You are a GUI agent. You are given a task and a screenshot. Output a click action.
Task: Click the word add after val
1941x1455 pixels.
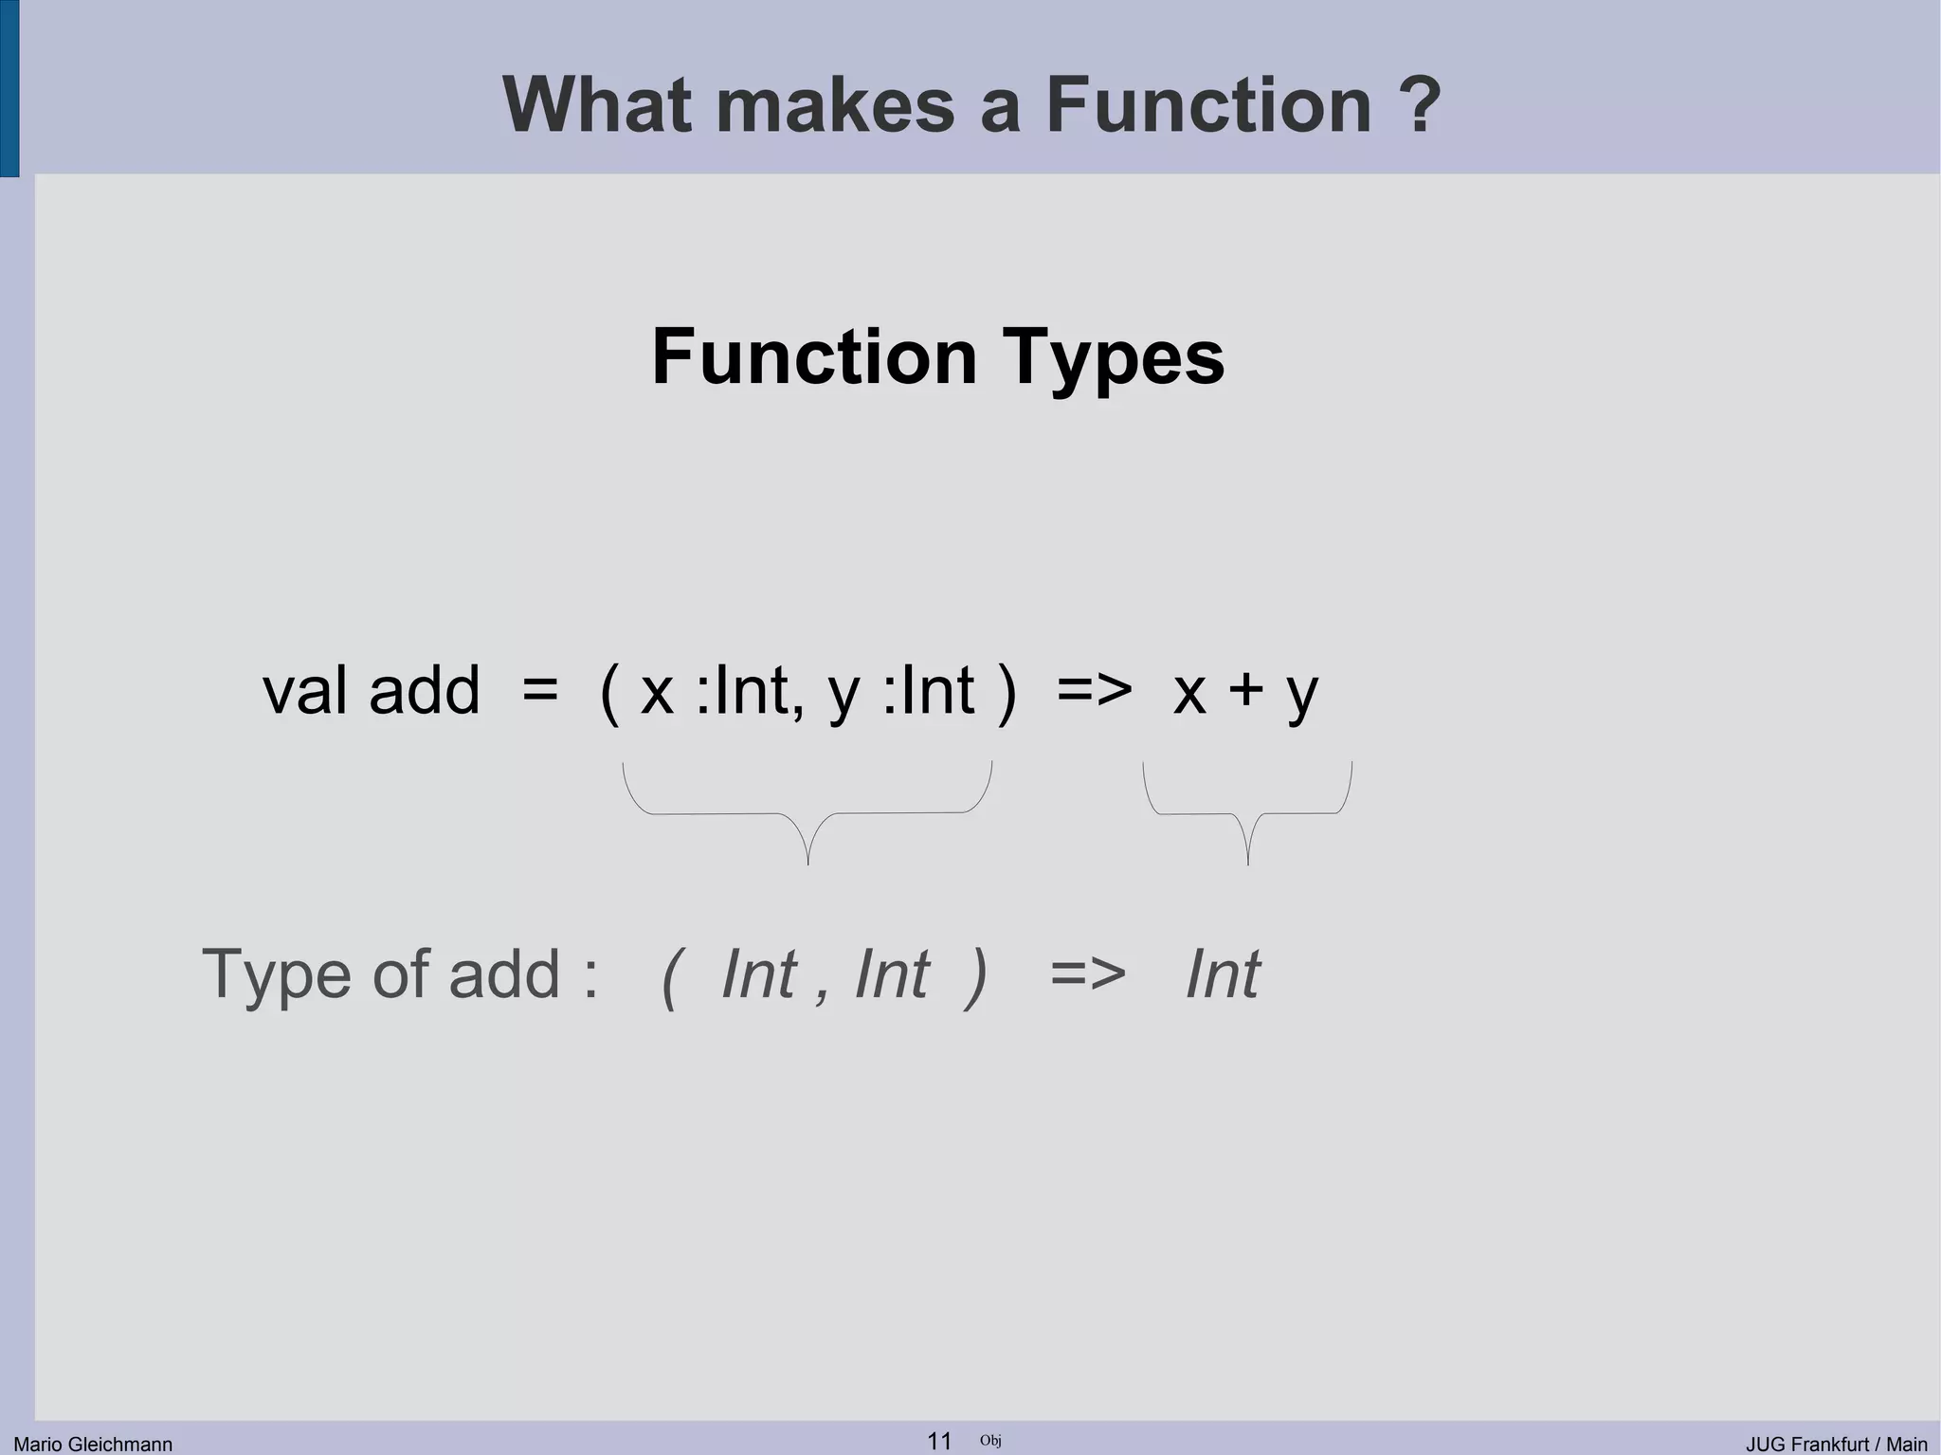coord(425,690)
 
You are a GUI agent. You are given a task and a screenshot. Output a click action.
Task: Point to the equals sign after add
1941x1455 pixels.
coord(539,692)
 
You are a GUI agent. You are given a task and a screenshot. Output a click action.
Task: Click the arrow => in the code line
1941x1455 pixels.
coord(1095,692)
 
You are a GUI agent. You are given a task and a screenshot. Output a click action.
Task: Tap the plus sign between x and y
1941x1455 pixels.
coord(1246,692)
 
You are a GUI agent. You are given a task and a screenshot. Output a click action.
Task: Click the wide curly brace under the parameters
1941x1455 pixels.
coord(807,812)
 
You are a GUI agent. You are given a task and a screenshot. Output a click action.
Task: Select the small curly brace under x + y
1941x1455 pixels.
coord(1247,812)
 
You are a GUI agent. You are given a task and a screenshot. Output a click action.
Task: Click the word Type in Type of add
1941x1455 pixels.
coord(276,974)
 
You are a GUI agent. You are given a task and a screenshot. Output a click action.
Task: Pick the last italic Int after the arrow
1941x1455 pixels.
coord(1223,974)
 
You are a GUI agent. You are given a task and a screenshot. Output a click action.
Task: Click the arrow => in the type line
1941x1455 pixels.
coord(1088,974)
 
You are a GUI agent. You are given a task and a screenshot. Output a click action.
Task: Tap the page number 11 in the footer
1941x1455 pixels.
coord(938,1441)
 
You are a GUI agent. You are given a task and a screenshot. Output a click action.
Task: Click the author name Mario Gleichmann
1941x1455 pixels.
coord(93,1444)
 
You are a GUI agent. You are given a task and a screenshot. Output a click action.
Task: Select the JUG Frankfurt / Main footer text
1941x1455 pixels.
coord(1836,1444)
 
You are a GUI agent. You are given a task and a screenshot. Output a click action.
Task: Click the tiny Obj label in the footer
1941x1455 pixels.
coord(990,1441)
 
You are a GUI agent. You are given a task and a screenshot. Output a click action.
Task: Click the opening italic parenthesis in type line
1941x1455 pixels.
coord(670,976)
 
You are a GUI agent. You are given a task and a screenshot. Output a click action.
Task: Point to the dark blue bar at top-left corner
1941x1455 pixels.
coord(9,88)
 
